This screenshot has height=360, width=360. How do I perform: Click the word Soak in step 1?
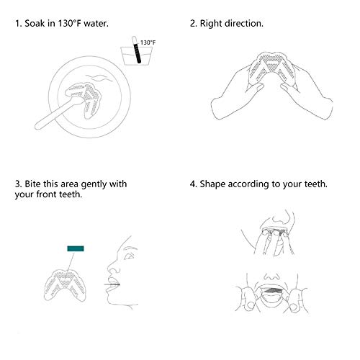click(x=35, y=24)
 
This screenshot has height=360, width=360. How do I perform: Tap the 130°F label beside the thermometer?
click(x=148, y=42)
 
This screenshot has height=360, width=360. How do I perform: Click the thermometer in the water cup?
click(x=136, y=50)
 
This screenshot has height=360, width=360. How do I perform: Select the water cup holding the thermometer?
click(x=136, y=55)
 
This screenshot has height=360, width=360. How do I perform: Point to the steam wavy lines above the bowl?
click(x=99, y=78)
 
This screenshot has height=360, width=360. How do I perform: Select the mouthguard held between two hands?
click(x=272, y=67)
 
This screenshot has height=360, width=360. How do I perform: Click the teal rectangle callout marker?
click(x=76, y=248)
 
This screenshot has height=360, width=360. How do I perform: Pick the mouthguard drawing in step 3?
click(x=65, y=285)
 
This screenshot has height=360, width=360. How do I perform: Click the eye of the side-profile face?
click(x=129, y=256)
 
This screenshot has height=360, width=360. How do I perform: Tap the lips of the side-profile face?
click(x=113, y=284)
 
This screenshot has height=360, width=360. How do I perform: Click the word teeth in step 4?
click(x=316, y=184)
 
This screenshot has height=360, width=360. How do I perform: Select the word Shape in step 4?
click(x=212, y=184)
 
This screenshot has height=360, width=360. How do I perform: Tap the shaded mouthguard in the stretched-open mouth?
click(x=272, y=290)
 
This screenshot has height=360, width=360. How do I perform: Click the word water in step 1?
click(x=96, y=24)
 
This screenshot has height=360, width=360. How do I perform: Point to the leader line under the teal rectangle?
click(x=70, y=262)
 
